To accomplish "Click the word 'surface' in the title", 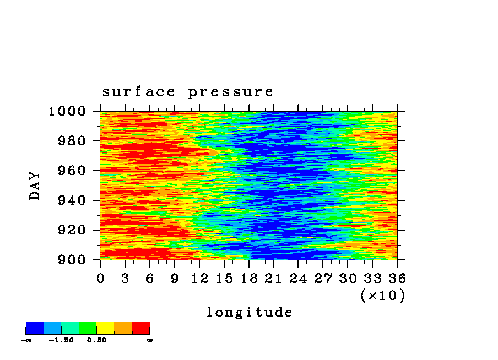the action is pos(138,92).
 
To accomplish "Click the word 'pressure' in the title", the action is pos(231,92).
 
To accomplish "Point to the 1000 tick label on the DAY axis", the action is pos(67,111).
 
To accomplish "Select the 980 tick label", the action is pos(72,140).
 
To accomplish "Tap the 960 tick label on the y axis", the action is pos(72,171).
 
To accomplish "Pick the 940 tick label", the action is pos(72,200).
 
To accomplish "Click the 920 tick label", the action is pos(72,230).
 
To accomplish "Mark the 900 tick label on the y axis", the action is pos(72,260).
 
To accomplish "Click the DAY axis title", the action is pos(35,186).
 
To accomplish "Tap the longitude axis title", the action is pos(250,312).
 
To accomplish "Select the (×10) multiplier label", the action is pos(383,296).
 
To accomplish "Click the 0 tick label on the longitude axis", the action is pos(100,279).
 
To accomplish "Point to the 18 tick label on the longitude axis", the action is pos(249,279).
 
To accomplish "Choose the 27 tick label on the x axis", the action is pos(323,279).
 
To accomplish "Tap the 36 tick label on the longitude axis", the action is pos(397,279).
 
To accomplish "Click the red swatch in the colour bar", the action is pos(141,328).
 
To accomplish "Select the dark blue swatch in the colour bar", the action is pos(35,328).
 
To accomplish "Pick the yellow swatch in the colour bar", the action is pos(105,328).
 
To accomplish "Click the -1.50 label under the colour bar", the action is pos(61,340).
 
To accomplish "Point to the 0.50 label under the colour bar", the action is pos(96,340).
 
